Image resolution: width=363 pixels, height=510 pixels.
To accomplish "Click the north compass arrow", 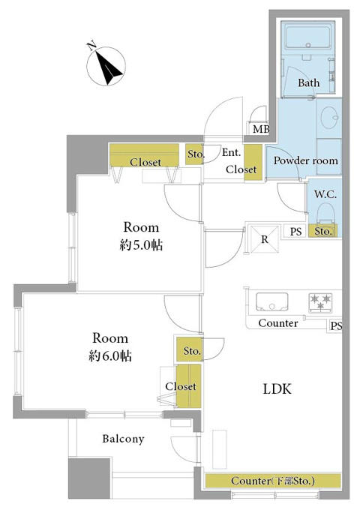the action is click(109, 67).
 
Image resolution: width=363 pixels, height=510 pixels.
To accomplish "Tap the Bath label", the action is click(308, 82).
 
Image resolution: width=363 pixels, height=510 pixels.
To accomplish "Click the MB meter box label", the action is click(261, 129).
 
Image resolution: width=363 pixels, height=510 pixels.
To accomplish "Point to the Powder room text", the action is click(305, 160).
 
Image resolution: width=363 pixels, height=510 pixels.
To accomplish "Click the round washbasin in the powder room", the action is click(330, 118).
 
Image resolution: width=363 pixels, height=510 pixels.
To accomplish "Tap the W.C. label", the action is click(325, 194).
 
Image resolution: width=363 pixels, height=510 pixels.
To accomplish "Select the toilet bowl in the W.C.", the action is click(325, 214).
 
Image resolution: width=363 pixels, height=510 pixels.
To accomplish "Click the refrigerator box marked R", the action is click(264, 239).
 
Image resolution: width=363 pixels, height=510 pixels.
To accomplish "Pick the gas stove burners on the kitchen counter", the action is click(321, 302).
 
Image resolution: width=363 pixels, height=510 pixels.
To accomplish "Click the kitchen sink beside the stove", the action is click(272, 301).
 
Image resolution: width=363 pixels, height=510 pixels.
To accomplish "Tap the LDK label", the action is click(277, 388).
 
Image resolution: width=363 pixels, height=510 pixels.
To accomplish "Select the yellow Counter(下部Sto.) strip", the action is click(273, 481).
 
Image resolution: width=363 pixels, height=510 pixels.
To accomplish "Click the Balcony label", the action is click(123, 439).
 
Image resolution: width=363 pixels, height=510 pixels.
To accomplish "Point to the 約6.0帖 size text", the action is click(110, 356).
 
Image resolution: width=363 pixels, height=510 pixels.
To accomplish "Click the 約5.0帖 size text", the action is click(141, 245).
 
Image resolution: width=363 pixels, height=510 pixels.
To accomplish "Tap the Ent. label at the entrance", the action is click(232, 152).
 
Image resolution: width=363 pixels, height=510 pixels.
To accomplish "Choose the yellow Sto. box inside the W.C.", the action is click(322, 230).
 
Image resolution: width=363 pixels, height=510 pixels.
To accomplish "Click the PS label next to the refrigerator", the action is click(295, 232).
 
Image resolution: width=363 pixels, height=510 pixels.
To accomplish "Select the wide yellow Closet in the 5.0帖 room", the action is click(145, 155).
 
